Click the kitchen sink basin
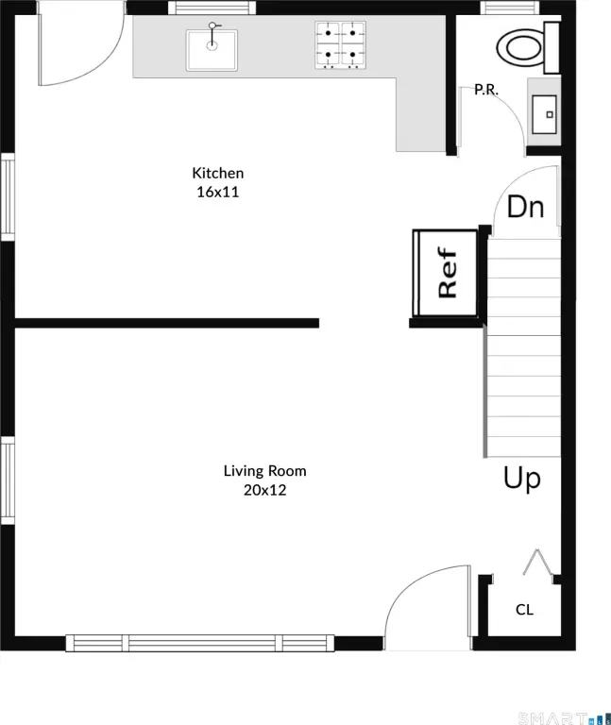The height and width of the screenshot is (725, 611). pyautogui.click(x=212, y=50)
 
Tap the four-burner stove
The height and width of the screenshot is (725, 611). pyautogui.click(x=340, y=45)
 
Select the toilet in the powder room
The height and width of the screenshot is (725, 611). pyautogui.click(x=528, y=46)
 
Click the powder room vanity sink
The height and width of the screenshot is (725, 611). pyautogui.click(x=544, y=114)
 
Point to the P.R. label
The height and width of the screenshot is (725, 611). pyautogui.click(x=486, y=90)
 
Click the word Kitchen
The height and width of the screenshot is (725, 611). pyautogui.click(x=218, y=173)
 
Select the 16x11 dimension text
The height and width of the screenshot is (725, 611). pyautogui.click(x=218, y=192)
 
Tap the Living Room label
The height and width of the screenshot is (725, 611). pyautogui.click(x=265, y=471)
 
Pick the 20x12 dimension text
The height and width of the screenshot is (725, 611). pyautogui.click(x=265, y=490)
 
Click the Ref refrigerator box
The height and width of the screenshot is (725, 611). pyautogui.click(x=446, y=273)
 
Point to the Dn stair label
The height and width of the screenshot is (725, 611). pyautogui.click(x=525, y=207)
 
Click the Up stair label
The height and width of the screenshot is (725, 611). pyautogui.click(x=522, y=478)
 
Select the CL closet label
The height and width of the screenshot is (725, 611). pyautogui.click(x=524, y=610)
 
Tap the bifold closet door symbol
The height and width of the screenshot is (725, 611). pyautogui.click(x=538, y=564)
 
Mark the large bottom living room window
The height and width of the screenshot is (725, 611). pyautogui.click(x=200, y=643)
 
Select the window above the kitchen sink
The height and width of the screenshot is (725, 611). pyautogui.click(x=212, y=8)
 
